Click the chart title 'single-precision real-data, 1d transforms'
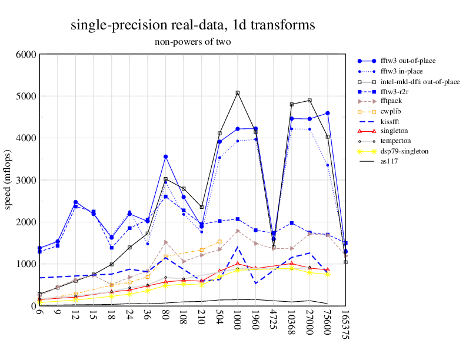(192, 25)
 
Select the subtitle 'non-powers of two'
(192, 42)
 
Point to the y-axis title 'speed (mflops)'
(9, 180)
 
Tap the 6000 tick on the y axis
(26, 54)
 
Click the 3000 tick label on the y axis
(26, 180)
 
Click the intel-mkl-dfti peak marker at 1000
(238, 93)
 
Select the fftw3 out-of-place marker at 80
(166, 156)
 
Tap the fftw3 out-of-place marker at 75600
(328, 113)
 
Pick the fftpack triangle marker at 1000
(238, 231)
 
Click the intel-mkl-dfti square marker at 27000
(309, 101)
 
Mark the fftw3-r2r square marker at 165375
(345, 243)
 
